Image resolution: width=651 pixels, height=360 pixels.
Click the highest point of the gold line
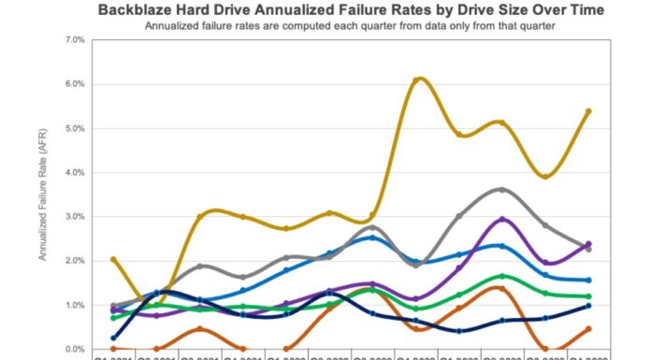pyautogui.click(x=417, y=79)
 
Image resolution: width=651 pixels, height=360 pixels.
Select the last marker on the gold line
pyautogui.click(x=587, y=111)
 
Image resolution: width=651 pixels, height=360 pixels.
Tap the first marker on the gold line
pyautogui.click(x=113, y=259)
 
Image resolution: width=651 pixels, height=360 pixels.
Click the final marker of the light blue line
pyautogui.click(x=587, y=281)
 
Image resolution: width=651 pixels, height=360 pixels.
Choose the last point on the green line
pyautogui.click(x=587, y=296)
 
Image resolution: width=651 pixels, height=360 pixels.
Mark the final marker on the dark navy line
pyautogui.click(x=587, y=306)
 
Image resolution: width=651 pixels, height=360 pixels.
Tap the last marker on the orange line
pyautogui.click(x=587, y=329)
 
